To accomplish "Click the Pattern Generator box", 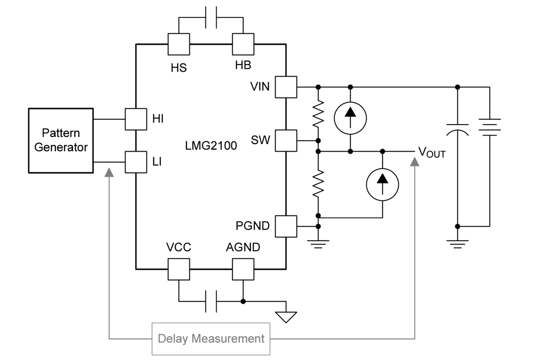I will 61,141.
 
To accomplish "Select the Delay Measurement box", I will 211,338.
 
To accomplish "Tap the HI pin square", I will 136,119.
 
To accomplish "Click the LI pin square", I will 136,162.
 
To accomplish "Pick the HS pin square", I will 179,44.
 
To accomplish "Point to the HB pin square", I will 243,44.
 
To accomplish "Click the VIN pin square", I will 286,87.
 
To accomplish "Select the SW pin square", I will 286,141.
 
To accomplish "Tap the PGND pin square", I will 286,226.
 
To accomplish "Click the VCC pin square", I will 179,269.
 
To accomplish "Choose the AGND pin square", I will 243,269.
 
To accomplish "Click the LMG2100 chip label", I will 211,146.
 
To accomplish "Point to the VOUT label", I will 431,152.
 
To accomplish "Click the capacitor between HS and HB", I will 211,18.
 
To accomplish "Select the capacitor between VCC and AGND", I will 211,301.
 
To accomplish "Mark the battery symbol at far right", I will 490,127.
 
